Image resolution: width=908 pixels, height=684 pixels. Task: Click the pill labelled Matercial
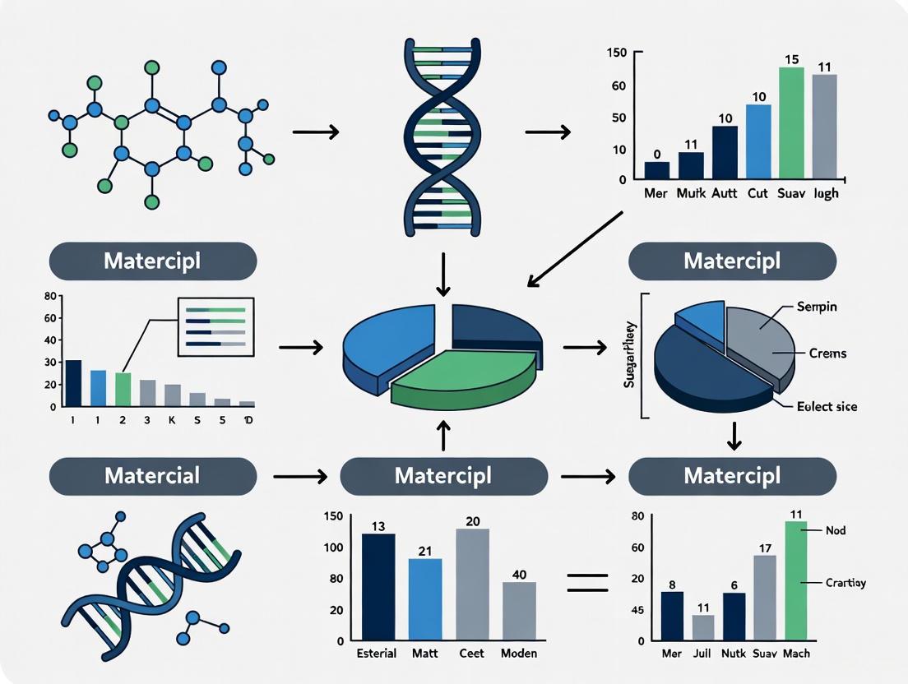pyautogui.click(x=153, y=476)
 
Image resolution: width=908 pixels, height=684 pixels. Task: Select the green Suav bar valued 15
pyautogui.click(x=790, y=123)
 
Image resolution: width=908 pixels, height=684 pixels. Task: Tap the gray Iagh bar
pyautogui.click(x=824, y=127)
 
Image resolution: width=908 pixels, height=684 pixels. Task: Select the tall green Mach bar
pyautogui.click(x=795, y=580)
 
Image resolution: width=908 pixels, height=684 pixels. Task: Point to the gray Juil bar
pyautogui.click(x=703, y=627)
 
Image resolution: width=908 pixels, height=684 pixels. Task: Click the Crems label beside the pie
pyautogui.click(x=827, y=354)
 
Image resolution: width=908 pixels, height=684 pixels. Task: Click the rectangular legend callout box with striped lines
pyautogui.click(x=216, y=326)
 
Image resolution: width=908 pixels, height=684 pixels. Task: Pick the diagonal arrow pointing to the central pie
pyautogui.click(x=575, y=248)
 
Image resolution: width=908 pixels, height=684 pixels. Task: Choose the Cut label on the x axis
pyautogui.click(x=757, y=195)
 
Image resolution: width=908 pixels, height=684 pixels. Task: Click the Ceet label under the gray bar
pyautogui.click(x=471, y=654)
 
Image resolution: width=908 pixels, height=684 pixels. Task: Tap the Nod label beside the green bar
pyautogui.click(x=835, y=531)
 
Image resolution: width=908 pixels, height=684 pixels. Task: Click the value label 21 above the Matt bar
pyautogui.click(x=425, y=551)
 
